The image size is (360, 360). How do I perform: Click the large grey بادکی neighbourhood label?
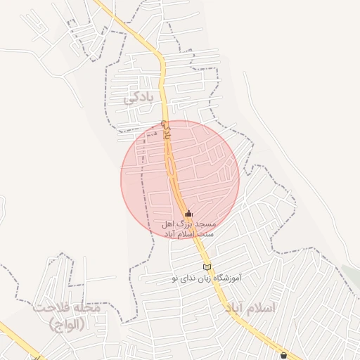pyautogui.click(x=138, y=98)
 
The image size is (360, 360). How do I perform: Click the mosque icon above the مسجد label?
pyautogui.click(x=188, y=214)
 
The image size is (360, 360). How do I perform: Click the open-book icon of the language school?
pyautogui.click(x=206, y=266)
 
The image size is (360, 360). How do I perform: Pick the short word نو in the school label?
pyautogui.click(x=174, y=278)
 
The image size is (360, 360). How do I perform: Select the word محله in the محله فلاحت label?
pyautogui.click(x=88, y=307)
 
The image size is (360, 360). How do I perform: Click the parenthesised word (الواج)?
pyautogui.click(x=67, y=324)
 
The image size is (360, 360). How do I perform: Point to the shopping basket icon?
pyautogui.click(x=283, y=355)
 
